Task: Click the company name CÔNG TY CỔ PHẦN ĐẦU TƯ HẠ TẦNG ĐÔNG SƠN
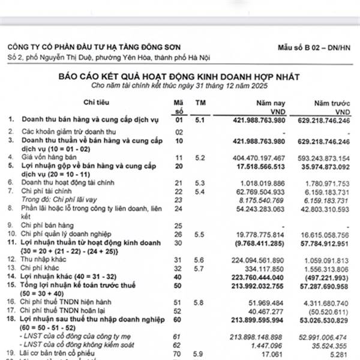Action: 95,47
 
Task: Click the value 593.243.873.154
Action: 322,158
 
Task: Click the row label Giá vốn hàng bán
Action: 50,158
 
